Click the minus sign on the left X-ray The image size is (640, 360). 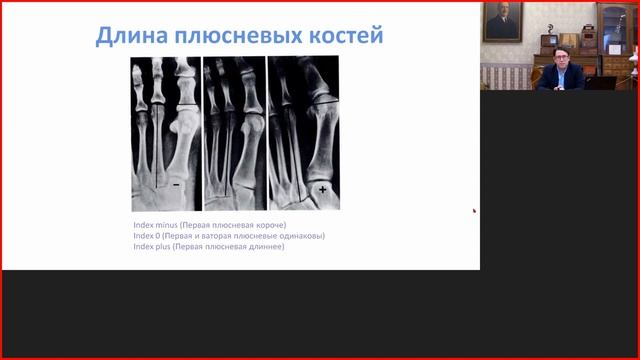pos(177,185)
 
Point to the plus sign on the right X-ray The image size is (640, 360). pos(322,189)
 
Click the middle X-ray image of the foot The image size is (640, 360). pos(234,133)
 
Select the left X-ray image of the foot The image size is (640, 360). pos(165,133)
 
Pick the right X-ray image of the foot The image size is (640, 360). pos(304,133)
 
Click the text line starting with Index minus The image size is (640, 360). pos(209,225)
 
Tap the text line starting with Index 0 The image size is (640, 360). pos(229,236)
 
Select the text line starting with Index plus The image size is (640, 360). pos(208,247)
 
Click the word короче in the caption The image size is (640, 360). pos(269,225)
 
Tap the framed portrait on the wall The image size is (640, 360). pos(502,22)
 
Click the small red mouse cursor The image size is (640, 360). pos(474,210)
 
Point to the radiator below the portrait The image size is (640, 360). pos(501,75)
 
